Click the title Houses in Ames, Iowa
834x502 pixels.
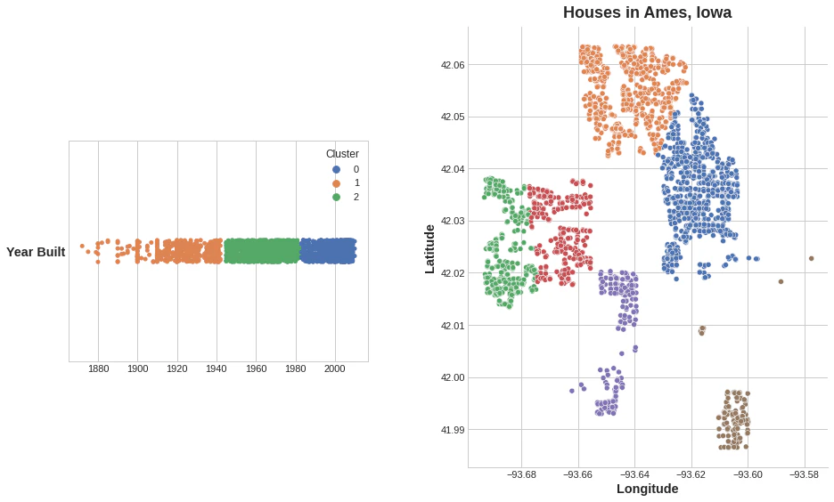(x=647, y=12)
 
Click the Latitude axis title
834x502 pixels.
(x=429, y=248)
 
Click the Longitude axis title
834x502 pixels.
(x=647, y=489)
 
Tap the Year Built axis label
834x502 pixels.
(x=36, y=252)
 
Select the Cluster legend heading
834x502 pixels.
(x=342, y=154)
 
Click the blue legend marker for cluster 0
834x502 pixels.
(x=336, y=169)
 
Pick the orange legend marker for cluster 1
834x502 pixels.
(x=336, y=182)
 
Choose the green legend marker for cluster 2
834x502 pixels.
(x=336, y=197)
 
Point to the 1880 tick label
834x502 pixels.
(x=98, y=368)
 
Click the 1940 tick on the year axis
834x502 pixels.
(x=217, y=368)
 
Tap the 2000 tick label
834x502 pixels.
(x=334, y=368)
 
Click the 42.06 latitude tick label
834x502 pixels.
(x=453, y=65)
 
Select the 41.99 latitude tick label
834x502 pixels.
(x=453, y=430)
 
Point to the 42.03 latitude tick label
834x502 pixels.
(x=453, y=221)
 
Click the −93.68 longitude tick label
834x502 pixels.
(x=521, y=474)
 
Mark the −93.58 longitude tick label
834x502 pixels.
(x=805, y=474)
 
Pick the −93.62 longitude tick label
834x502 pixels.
(x=691, y=474)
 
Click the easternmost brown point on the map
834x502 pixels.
(x=811, y=258)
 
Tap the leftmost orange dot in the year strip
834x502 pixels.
(x=82, y=246)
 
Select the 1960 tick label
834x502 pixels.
(x=256, y=368)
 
